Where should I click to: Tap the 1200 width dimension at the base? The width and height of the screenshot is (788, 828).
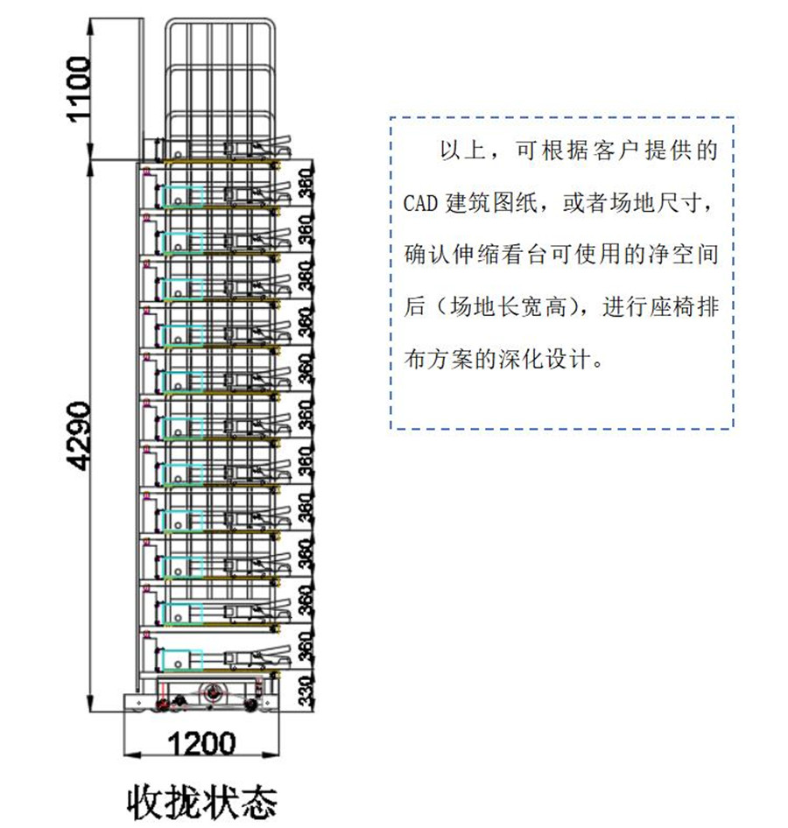201,744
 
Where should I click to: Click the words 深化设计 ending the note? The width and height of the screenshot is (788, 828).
553,359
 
